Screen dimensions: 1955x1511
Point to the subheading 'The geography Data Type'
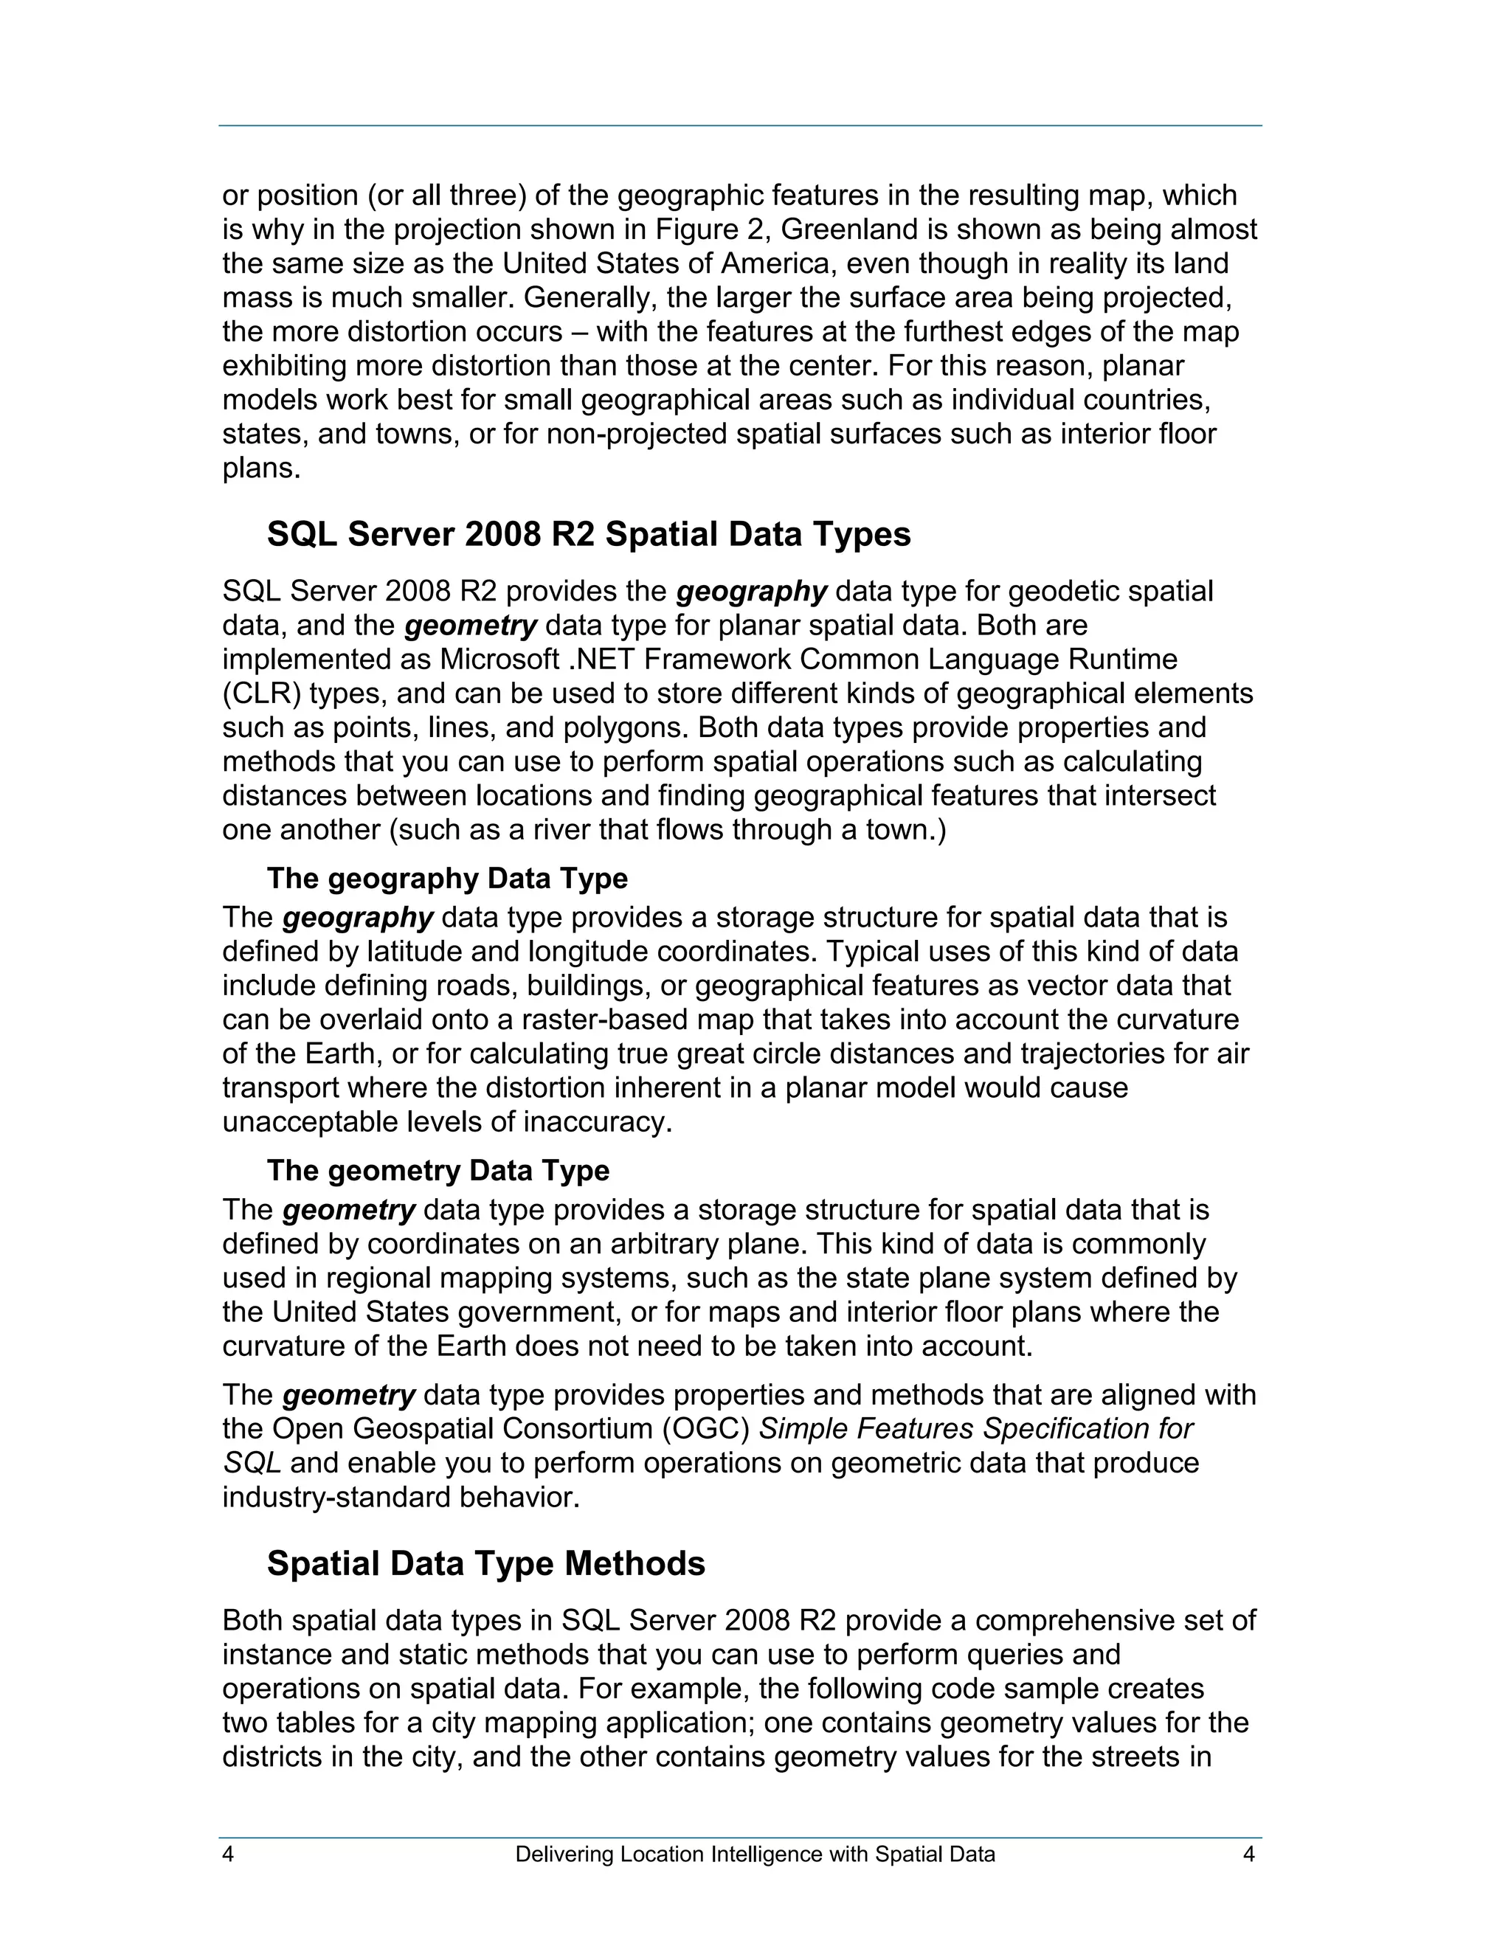click(446, 878)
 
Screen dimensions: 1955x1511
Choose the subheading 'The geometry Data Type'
click(438, 1170)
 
